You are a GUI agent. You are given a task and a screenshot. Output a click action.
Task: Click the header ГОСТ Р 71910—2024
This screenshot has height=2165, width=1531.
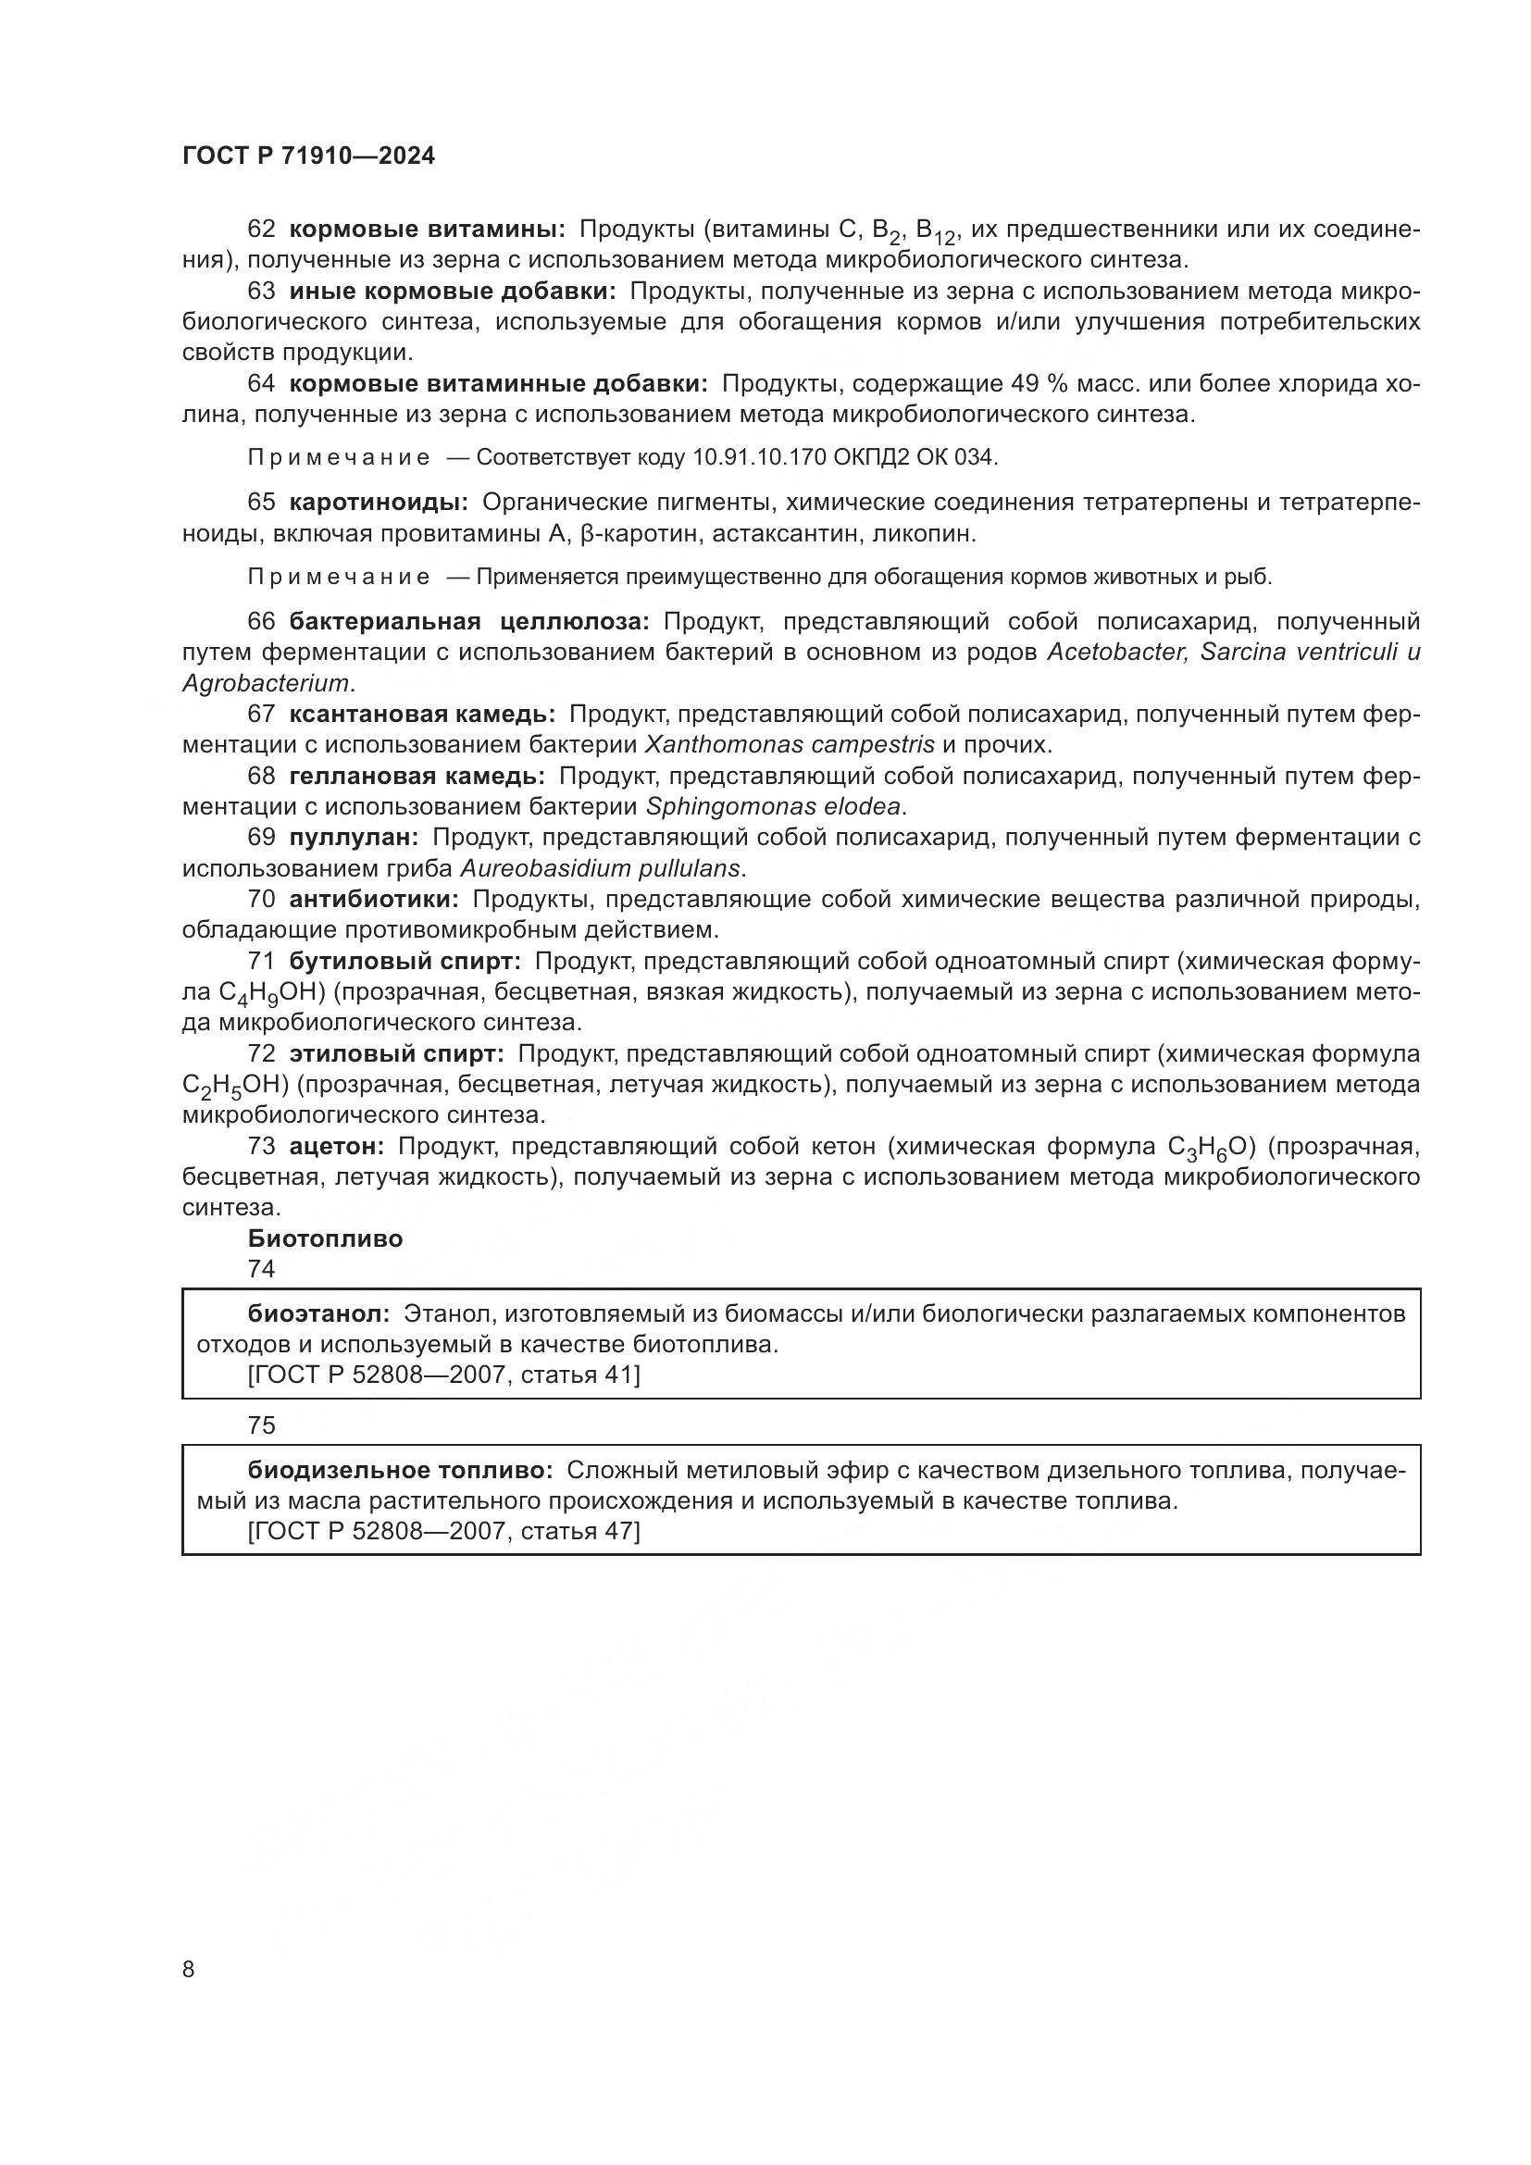(x=308, y=156)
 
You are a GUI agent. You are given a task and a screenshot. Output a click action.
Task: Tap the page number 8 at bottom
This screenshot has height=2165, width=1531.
(x=189, y=1969)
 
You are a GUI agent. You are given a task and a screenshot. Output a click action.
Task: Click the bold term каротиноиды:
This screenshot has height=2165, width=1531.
(x=378, y=502)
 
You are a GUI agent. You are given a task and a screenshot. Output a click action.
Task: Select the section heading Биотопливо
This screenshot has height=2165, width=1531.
(x=325, y=1239)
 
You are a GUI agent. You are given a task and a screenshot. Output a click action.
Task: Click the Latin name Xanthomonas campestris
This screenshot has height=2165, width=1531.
(x=789, y=745)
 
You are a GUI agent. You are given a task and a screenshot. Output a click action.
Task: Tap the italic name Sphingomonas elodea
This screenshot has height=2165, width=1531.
(x=773, y=806)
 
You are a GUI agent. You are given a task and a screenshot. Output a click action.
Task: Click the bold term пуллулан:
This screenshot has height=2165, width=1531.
(x=354, y=837)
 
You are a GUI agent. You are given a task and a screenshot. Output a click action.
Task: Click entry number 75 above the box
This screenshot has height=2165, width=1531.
(x=261, y=1425)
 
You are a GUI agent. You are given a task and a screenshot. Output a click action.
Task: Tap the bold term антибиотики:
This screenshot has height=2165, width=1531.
(x=373, y=899)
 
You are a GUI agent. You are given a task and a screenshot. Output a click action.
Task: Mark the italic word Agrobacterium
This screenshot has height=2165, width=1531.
(x=265, y=683)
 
